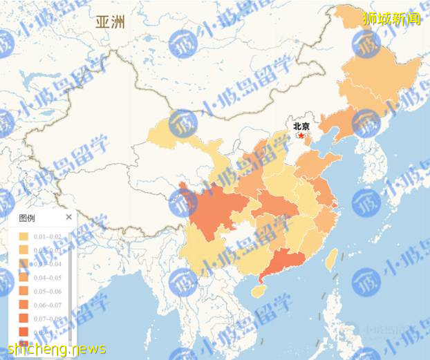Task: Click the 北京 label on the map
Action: [x=301, y=126]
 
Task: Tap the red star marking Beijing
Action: [x=301, y=135]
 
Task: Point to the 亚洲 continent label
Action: [x=111, y=22]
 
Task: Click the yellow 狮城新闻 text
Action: [x=391, y=19]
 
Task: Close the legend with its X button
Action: [x=68, y=217]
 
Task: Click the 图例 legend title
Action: [x=27, y=218]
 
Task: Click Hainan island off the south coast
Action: [x=257, y=292]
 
